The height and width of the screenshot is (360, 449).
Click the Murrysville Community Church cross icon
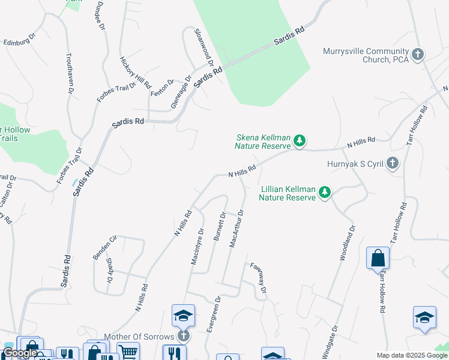click(x=418, y=55)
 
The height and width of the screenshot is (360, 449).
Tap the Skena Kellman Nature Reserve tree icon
click(x=300, y=142)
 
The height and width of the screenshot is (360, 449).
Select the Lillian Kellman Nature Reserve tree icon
click(x=325, y=192)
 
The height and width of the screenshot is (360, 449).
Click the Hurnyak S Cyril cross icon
click(x=393, y=163)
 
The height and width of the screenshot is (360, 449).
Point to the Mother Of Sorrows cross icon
click(x=183, y=336)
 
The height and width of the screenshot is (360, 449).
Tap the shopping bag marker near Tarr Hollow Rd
click(x=378, y=258)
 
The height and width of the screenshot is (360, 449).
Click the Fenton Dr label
click(x=161, y=88)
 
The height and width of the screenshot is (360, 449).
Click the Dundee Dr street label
click(x=99, y=19)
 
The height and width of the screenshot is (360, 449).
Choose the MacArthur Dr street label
click(x=236, y=228)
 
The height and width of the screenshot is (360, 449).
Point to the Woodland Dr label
click(x=348, y=242)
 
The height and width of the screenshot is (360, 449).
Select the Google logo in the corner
click(x=20, y=353)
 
